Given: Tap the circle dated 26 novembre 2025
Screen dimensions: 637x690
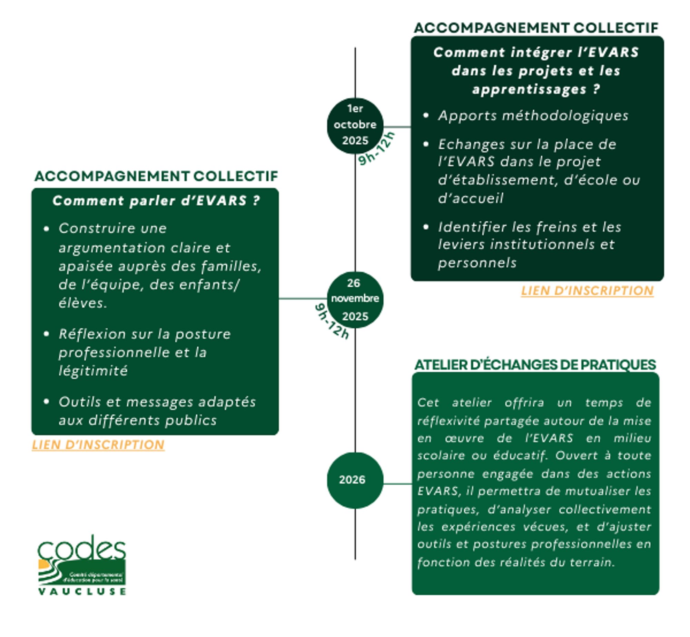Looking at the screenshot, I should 355,299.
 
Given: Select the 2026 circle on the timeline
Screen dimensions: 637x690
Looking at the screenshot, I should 355,480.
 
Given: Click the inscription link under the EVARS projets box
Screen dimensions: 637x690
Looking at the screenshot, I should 587,290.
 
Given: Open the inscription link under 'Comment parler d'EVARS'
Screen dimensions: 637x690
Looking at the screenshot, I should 98,445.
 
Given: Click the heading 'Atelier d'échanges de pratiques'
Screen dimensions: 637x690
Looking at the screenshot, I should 535,365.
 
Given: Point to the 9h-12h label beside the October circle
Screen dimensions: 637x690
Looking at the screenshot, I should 376,149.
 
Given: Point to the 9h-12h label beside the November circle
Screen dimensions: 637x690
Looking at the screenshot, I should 332,321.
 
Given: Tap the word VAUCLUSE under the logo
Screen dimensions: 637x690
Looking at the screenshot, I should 82,591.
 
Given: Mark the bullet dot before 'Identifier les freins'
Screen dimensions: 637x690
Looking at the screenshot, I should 426,227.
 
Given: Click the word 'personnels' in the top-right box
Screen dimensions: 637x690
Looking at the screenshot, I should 477,263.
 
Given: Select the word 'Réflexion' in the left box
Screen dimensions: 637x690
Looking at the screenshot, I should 92,334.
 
